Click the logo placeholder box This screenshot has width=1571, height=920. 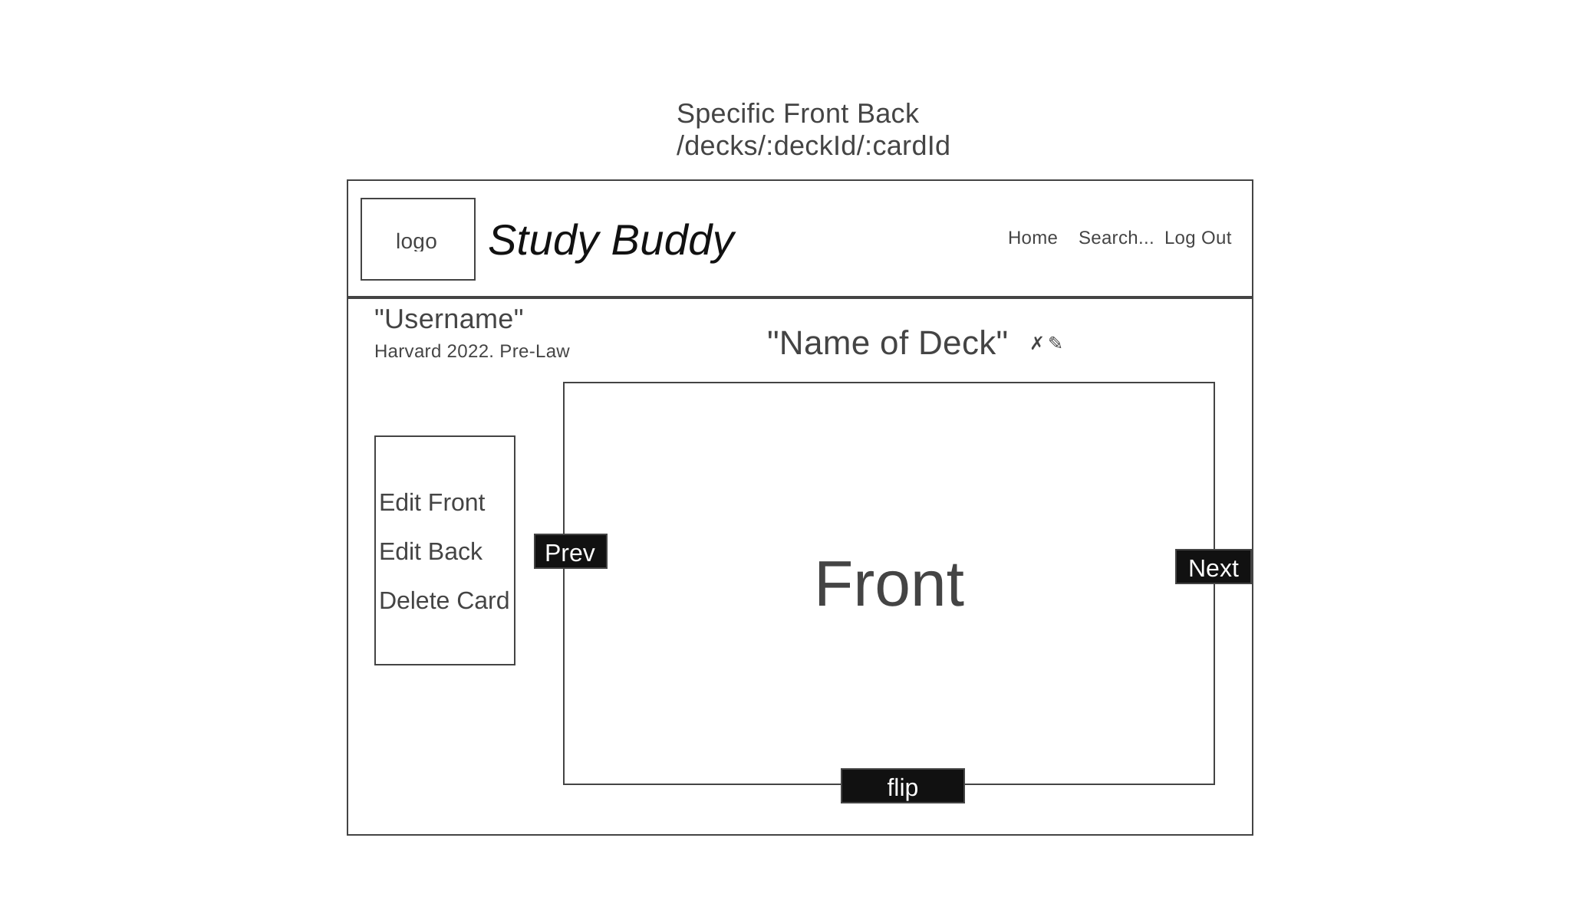(x=418, y=239)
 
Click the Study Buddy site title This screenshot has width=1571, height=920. (x=611, y=240)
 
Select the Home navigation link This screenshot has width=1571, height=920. (x=1033, y=238)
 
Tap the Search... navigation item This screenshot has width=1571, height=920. (x=1116, y=238)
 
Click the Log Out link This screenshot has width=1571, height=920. (x=1197, y=238)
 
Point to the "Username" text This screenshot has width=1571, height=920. (x=449, y=319)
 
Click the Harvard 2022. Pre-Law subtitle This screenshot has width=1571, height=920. (x=472, y=351)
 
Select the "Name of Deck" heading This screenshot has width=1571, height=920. (x=888, y=343)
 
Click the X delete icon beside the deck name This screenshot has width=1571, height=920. (x=1036, y=343)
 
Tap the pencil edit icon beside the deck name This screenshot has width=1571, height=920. (x=1056, y=343)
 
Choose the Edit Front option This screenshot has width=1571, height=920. (x=432, y=502)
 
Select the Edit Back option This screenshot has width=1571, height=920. (x=430, y=551)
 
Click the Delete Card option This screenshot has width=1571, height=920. (x=444, y=600)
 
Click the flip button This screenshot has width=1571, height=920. (x=903, y=786)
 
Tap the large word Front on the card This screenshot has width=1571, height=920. (x=889, y=584)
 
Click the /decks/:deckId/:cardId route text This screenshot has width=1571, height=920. (x=813, y=146)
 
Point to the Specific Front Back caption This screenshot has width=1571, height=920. (x=798, y=113)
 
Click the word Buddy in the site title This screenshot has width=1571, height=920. (x=673, y=240)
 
